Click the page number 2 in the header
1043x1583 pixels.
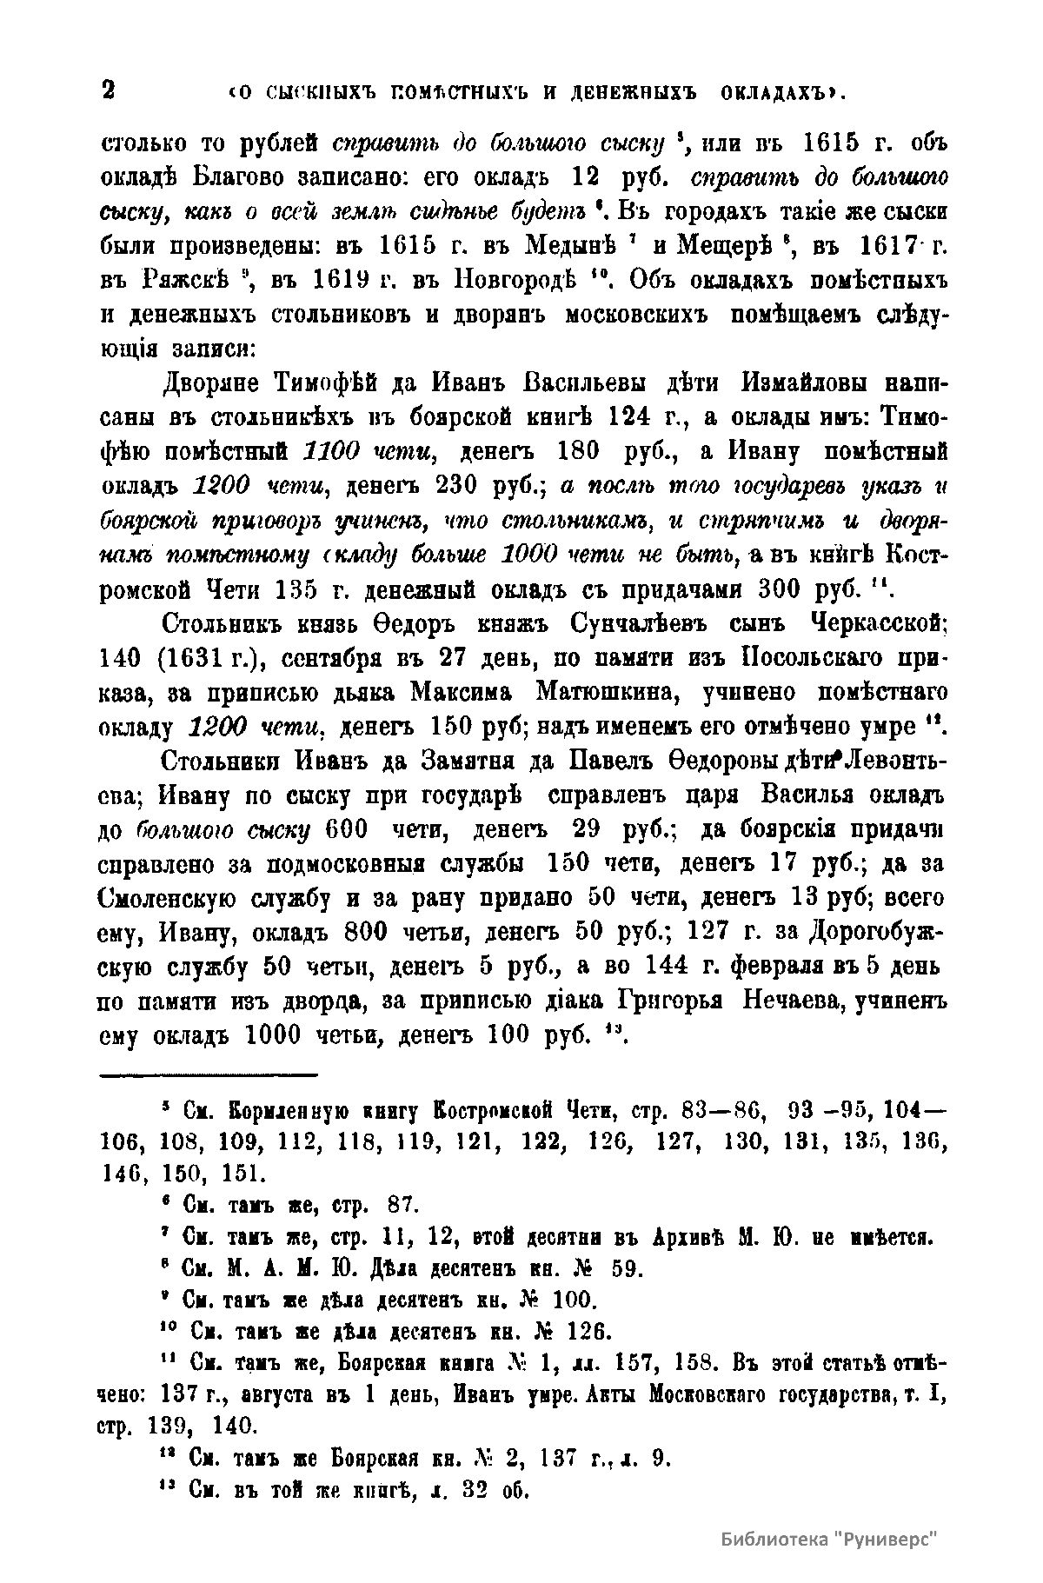[109, 90]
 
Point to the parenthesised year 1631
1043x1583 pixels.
[205, 658]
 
